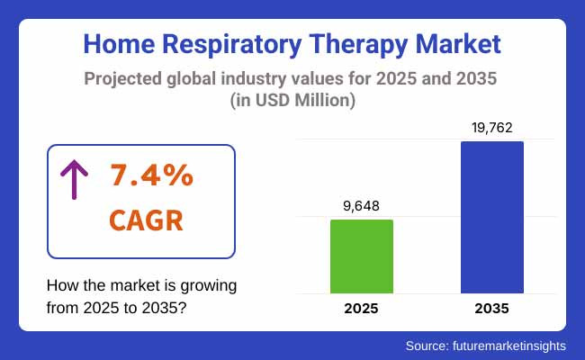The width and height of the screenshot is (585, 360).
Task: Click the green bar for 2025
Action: tap(362, 256)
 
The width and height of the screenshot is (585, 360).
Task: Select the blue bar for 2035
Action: tap(492, 217)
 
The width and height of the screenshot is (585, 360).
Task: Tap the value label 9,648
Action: tap(362, 206)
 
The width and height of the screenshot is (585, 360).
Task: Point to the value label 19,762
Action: tap(492, 128)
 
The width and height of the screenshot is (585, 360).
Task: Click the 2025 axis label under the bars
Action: tap(362, 309)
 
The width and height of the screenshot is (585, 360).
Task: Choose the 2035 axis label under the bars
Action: tap(492, 309)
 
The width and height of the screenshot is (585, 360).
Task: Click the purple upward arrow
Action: tap(73, 181)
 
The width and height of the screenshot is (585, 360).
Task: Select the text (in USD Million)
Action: tap(292, 101)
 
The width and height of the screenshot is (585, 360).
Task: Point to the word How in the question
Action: tap(60, 285)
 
